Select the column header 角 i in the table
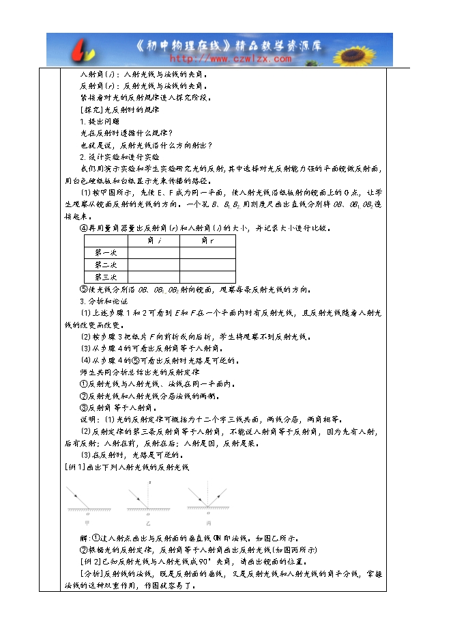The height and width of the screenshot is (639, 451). [154, 241]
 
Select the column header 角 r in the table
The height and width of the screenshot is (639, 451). [207, 241]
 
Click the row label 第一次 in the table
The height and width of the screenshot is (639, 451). [106, 253]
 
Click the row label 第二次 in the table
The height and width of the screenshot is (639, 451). [106, 265]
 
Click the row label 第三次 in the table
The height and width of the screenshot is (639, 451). [106, 277]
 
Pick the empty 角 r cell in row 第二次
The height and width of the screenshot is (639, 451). [207, 265]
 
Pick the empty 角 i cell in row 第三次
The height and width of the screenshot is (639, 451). [154, 277]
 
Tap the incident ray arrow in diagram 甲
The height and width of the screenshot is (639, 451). [77, 495]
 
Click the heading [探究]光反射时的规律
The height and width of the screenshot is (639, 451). [119, 109]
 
